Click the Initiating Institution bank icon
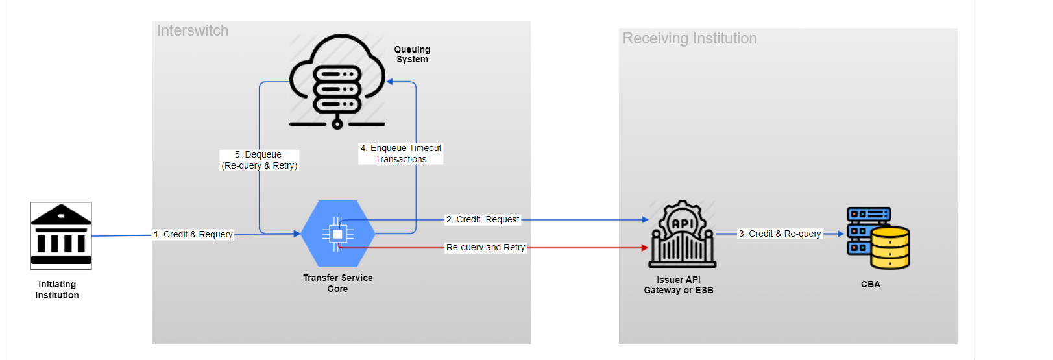point(61,235)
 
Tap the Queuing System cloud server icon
point(337,81)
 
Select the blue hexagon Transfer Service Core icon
point(337,234)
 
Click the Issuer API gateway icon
point(683,234)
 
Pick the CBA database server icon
point(878,237)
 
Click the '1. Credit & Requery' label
point(193,234)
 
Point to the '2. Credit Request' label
point(483,219)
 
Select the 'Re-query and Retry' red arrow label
point(485,247)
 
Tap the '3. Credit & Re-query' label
point(780,234)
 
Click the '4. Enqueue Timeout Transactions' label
point(401,154)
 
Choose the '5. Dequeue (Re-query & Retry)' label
point(260,160)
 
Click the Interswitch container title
point(193,30)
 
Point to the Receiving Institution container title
point(690,38)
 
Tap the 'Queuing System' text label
point(412,54)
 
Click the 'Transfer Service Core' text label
point(337,283)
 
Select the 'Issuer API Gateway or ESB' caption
point(679,285)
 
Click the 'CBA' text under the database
point(870,284)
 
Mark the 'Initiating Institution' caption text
point(57,289)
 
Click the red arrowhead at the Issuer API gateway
point(644,248)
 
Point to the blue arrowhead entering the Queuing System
point(391,82)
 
